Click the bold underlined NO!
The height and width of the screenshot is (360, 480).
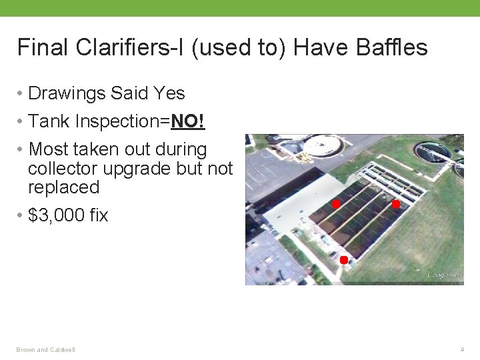(x=188, y=121)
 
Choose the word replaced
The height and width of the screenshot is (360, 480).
(x=63, y=187)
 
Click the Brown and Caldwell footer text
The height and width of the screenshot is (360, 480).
(x=46, y=349)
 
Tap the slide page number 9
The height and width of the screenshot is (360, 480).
(x=461, y=349)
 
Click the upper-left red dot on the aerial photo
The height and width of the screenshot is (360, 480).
(x=337, y=203)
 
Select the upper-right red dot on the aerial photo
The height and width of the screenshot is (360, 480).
(x=395, y=204)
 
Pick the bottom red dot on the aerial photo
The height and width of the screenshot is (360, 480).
(x=343, y=259)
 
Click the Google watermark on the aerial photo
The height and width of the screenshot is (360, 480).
(x=445, y=275)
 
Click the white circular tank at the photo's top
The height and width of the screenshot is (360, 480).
(x=323, y=144)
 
